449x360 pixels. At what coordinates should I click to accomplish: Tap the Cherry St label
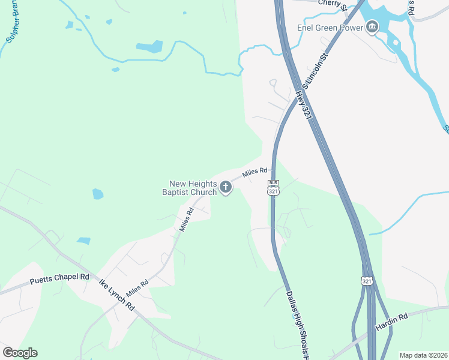[x=333, y=4]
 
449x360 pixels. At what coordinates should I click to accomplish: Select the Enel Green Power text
[x=331, y=28]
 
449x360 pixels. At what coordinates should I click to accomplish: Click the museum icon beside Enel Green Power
[x=372, y=27]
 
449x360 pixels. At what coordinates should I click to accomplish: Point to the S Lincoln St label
[x=316, y=70]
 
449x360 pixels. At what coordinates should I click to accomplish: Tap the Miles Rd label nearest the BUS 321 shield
[x=255, y=174]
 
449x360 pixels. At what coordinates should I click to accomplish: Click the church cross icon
[x=226, y=188]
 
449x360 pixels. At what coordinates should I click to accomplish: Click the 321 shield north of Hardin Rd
[x=367, y=280]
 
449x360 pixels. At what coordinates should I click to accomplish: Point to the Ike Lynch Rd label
[x=116, y=294]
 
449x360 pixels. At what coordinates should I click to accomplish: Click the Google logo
[x=20, y=353]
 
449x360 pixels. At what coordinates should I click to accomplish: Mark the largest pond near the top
[x=149, y=47]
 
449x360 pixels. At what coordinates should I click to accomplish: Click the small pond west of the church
[x=97, y=194]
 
